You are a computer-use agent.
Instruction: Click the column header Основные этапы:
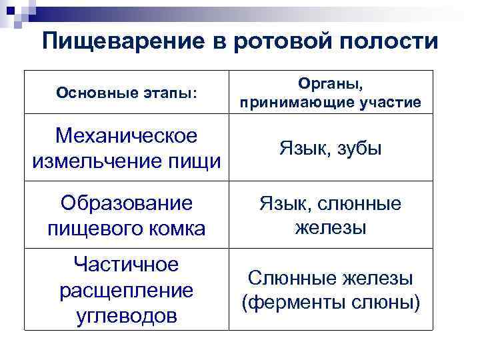pyautogui.click(x=127, y=92)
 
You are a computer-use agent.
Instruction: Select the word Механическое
pyautogui.click(x=127, y=136)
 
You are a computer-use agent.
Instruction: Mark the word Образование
pyautogui.click(x=127, y=203)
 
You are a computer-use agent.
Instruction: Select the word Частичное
pyautogui.click(x=127, y=265)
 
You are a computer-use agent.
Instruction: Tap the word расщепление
pyautogui.click(x=127, y=291)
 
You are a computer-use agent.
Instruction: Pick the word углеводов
pyautogui.click(x=127, y=315)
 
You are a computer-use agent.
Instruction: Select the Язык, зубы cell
pyautogui.click(x=330, y=148)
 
